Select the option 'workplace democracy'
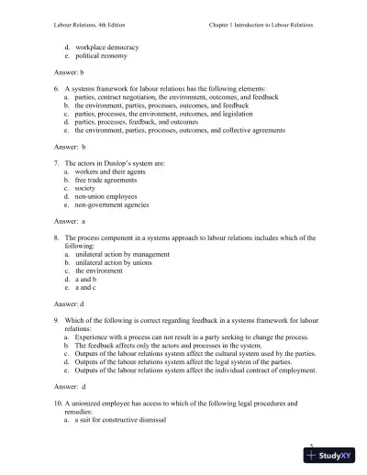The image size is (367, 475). pos(108,45)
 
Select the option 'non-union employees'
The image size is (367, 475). pos(107,196)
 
